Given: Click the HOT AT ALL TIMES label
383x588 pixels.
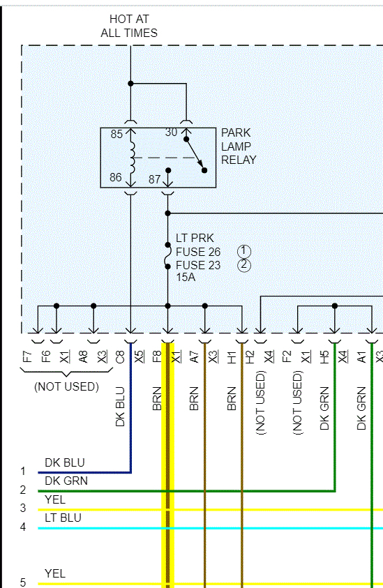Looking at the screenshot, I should pos(129,26).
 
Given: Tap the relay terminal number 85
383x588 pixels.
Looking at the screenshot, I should pos(116,134).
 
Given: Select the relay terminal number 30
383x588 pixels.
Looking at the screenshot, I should pos(172,133).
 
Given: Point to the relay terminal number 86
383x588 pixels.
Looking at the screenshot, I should pos(116,178).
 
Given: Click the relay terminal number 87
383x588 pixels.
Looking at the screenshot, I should pos(155,179).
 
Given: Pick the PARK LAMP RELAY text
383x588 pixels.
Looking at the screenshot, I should pos(238,146).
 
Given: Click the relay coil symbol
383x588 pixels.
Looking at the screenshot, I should pos(132,152).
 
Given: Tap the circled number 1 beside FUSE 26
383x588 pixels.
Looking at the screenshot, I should pos(243,251).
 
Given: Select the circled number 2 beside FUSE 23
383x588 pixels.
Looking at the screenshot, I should pos(243,265).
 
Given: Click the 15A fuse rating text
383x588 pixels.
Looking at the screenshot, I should pos(186,278).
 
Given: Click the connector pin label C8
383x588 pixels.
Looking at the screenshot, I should pos(120,358).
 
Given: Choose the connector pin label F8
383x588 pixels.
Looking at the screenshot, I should pos(158,358).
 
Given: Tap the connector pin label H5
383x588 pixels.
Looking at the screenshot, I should pos(324,358).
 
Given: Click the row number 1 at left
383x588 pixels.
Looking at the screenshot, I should pos(22,472).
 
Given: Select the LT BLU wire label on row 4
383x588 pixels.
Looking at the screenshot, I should pos(63,518).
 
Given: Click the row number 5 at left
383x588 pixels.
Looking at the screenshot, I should pos(22,583).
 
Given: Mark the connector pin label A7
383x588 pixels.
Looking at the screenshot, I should pos(195,358).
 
